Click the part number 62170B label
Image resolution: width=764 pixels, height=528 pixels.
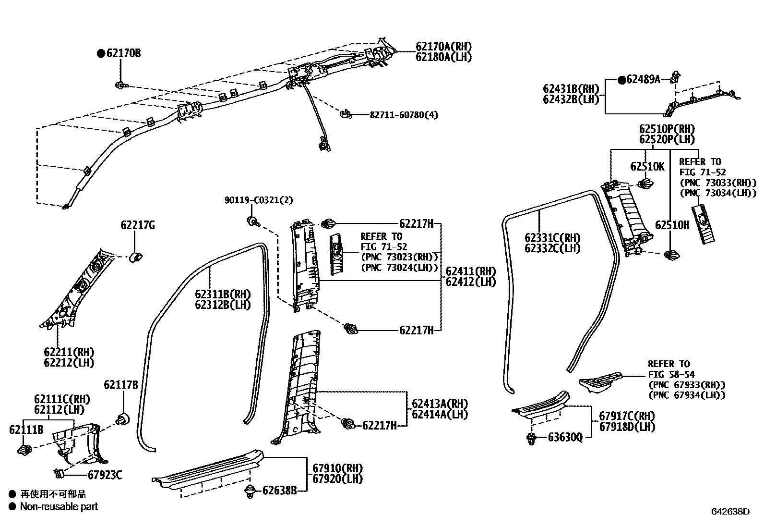pyautogui.click(x=123, y=53)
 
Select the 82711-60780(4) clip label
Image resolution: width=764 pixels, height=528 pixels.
pyautogui.click(x=404, y=115)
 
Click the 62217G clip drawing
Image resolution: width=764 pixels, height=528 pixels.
pyautogui.click(x=136, y=256)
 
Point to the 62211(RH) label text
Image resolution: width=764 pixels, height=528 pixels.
pyautogui.click(x=69, y=352)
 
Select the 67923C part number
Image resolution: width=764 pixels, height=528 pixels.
pyautogui.click(x=105, y=475)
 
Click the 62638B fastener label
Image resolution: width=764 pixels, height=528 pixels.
pyautogui.click(x=279, y=491)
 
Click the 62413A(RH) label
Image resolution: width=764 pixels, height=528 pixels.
pyautogui.click(x=440, y=404)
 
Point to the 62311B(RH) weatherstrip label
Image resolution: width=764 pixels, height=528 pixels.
pyautogui.click(x=223, y=294)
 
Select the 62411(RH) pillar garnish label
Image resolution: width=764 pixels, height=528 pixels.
pyautogui.click(x=470, y=271)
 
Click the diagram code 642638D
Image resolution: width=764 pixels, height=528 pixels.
pyautogui.click(x=730, y=512)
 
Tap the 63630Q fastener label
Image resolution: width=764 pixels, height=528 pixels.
pyautogui.click(x=565, y=437)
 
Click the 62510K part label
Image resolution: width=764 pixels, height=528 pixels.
pyautogui.click(x=647, y=166)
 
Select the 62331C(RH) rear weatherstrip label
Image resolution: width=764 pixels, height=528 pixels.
pyautogui.click(x=552, y=238)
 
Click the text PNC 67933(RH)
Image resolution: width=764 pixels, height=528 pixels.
pyautogui.click(x=686, y=385)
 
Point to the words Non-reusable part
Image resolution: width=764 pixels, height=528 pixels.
pyautogui.click(x=59, y=506)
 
